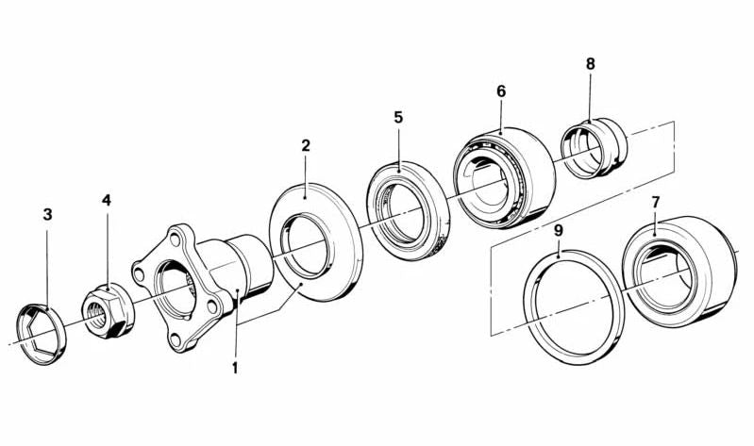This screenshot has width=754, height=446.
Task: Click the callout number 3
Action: tap(47, 214)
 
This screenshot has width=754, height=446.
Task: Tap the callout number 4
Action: tap(107, 200)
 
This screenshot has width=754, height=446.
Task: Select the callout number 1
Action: tap(235, 368)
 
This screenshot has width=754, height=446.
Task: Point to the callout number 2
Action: tap(306, 145)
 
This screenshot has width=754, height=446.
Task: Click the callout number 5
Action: tap(398, 117)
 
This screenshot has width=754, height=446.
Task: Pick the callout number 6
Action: tap(501, 91)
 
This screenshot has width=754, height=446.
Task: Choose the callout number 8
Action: tap(590, 63)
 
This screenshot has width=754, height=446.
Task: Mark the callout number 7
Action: tap(656, 203)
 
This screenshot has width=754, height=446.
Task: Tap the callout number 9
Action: tap(558, 231)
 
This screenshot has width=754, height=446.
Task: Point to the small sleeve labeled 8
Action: tap(595, 147)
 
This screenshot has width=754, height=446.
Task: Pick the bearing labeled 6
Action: tap(504, 177)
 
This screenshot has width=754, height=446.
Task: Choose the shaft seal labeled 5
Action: tap(408, 207)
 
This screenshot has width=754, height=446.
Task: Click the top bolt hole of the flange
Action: tap(175, 237)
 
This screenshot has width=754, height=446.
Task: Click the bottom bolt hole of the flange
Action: tap(176, 339)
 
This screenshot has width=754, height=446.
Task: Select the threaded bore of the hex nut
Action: tap(97, 316)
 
